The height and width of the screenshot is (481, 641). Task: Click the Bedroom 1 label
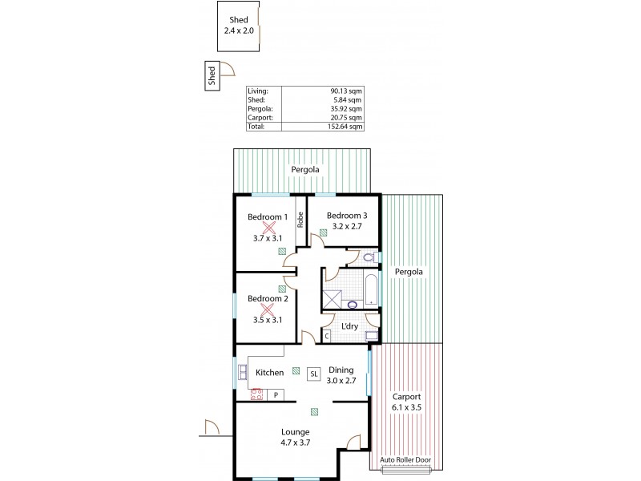pos(267,217)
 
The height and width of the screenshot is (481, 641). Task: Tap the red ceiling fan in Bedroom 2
pos(268,309)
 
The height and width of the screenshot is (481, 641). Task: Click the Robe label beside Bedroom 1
pos(300,219)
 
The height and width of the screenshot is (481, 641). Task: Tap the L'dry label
pos(349,326)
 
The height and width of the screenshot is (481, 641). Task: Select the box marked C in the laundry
pos(327,336)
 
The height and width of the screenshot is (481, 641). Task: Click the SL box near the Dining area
pos(313,373)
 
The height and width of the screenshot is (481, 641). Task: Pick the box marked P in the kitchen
pos(276,394)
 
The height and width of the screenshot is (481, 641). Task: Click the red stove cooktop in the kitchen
pos(257,394)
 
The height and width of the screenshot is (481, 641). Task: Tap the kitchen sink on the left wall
pos(242,370)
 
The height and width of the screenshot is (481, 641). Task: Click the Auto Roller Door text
pos(406,460)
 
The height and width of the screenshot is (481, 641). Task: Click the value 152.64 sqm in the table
pos(345,126)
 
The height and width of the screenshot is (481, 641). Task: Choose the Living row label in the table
pos(257,91)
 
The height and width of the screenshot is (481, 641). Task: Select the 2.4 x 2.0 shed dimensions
pos(239,30)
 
